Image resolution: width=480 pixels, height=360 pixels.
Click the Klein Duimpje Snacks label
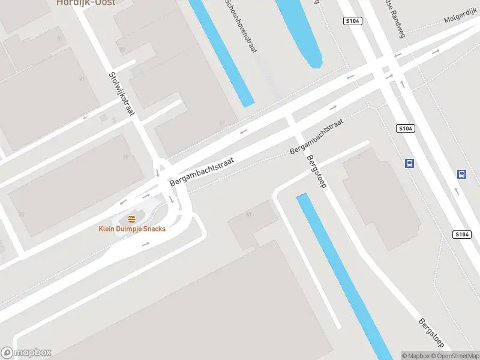132,229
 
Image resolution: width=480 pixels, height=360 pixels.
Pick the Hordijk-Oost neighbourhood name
86,2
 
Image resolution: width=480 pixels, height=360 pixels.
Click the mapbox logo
26,353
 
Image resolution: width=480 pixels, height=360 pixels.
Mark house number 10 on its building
248,213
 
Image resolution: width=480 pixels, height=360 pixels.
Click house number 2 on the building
359,156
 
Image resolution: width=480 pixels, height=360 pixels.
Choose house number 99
125,157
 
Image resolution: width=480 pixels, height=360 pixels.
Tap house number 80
22,214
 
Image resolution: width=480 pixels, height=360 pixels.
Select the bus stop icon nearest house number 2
410,163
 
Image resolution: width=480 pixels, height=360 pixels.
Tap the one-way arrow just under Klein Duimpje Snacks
145,245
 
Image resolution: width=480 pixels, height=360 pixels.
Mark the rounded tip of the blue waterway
313,64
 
